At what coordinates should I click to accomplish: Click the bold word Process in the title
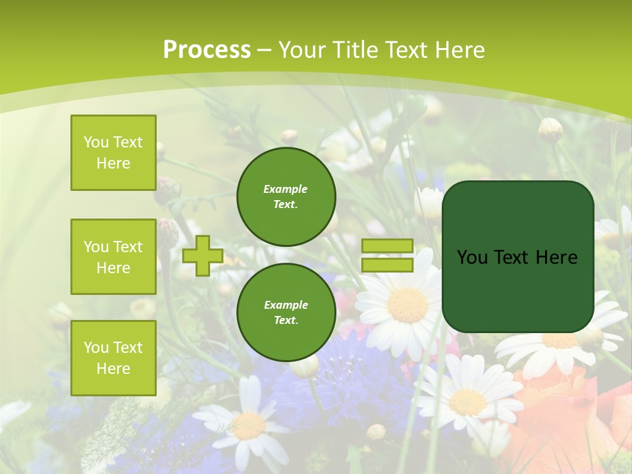[x=207, y=50]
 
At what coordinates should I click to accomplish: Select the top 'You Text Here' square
[x=113, y=153]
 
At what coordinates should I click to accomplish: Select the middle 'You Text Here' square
[x=113, y=257]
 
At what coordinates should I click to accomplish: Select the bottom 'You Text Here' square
[x=113, y=358]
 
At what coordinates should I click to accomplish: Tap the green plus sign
[x=203, y=255]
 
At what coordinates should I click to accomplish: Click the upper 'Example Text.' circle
[x=286, y=197]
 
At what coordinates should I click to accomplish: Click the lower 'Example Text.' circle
[x=286, y=312]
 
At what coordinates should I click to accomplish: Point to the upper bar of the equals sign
[x=387, y=246]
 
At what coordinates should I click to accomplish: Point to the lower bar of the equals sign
[x=387, y=265]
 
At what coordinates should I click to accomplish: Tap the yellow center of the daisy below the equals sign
[x=408, y=305]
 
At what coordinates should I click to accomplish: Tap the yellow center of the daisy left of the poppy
[x=467, y=402]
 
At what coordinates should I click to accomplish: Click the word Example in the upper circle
[x=285, y=189]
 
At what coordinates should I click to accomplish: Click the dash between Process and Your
[x=265, y=50]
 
